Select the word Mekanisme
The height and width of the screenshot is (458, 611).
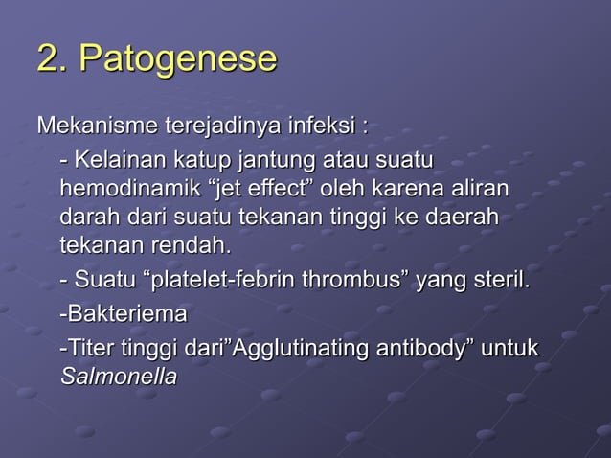(x=84, y=126)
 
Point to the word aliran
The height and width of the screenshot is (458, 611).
(x=479, y=187)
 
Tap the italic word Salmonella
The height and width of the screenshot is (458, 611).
(x=118, y=378)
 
